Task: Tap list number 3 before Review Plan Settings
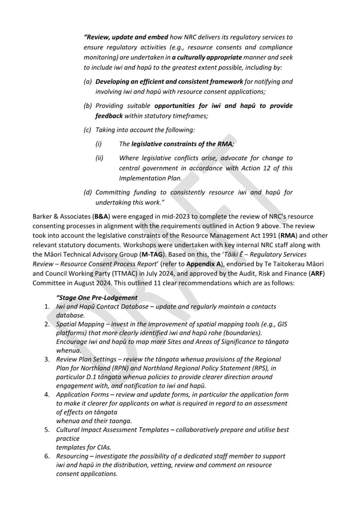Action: coord(46,359)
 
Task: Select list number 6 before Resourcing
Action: coord(46,456)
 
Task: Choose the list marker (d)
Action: coord(88,192)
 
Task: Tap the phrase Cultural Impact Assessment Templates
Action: coord(114,430)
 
